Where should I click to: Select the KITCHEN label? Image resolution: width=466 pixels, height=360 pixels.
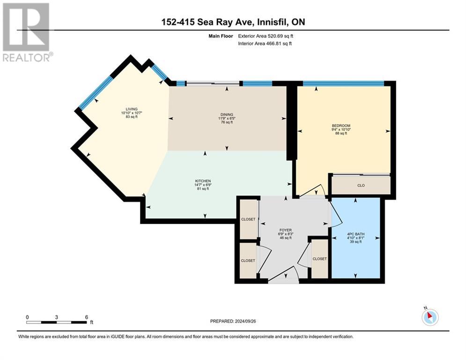[203, 181]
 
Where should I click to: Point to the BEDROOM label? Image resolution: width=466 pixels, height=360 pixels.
[341, 126]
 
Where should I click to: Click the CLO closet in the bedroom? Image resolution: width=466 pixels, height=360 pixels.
[361, 185]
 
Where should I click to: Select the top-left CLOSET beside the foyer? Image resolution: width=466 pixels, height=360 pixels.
[248, 219]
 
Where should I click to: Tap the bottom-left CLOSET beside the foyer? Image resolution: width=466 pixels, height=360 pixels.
[248, 260]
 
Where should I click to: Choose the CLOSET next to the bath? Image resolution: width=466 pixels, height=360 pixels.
[319, 259]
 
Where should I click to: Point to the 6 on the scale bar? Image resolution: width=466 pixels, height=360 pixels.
[87, 317]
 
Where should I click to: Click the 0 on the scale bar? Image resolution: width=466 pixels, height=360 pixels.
[27, 317]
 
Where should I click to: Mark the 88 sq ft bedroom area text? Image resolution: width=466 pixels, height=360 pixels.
[341, 134]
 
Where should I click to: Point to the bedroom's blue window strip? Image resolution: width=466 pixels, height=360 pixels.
[343, 83]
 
